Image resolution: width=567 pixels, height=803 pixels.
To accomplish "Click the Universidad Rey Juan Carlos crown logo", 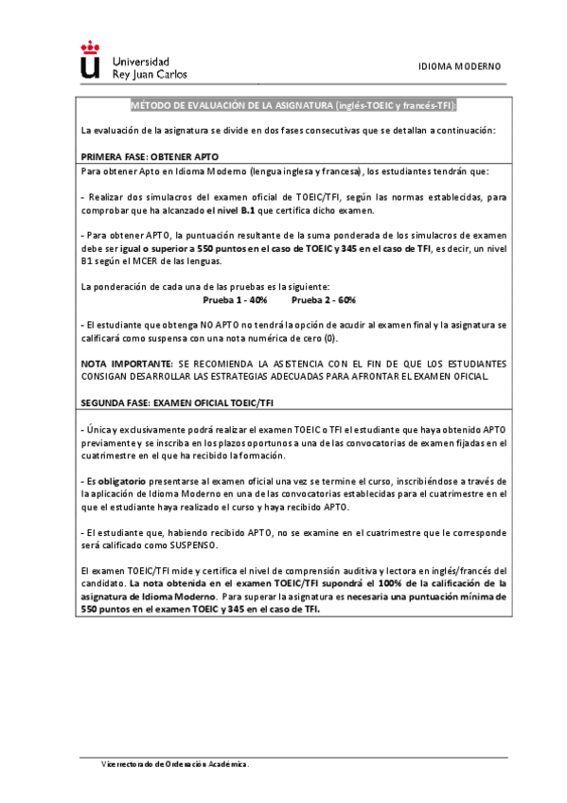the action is click(90, 59).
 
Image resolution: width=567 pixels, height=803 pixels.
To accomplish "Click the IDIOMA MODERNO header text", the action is click(460, 66).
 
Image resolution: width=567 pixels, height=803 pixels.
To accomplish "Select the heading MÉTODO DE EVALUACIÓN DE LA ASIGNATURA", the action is click(230, 105).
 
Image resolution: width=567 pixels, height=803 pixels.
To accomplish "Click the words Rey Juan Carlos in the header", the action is click(150, 73).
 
